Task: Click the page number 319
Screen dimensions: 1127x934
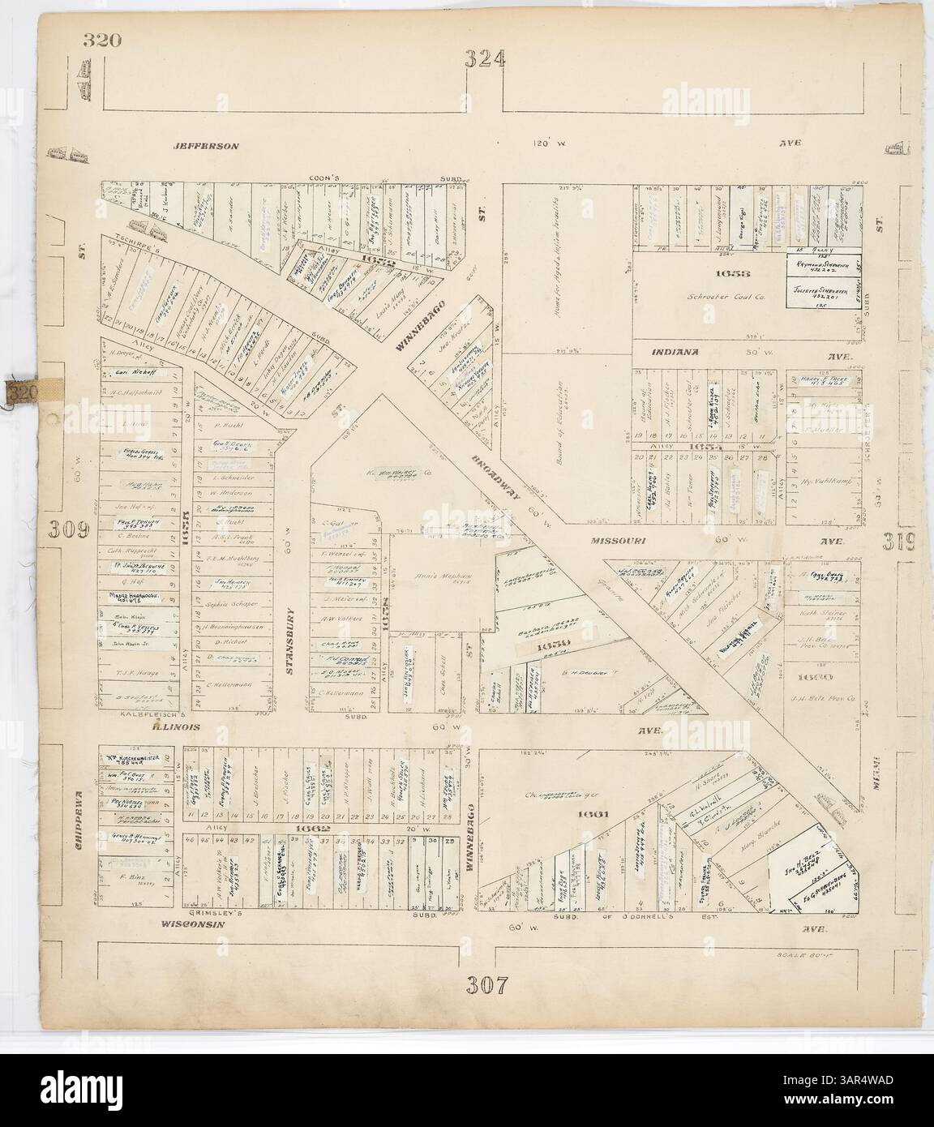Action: point(900,539)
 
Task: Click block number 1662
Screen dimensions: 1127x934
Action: point(311,829)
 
